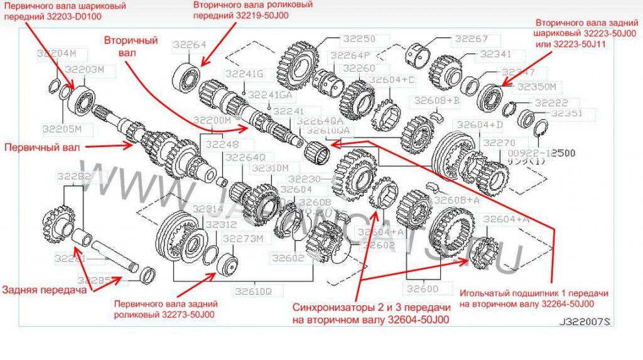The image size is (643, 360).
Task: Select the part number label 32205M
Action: pyautogui.click(x=62, y=129)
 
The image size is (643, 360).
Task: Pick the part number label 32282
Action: pyautogui.click(x=73, y=177)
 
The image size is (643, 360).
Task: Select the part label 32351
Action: pyautogui.click(x=567, y=114)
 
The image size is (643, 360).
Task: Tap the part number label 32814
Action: pyautogui.click(x=207, y=209)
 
